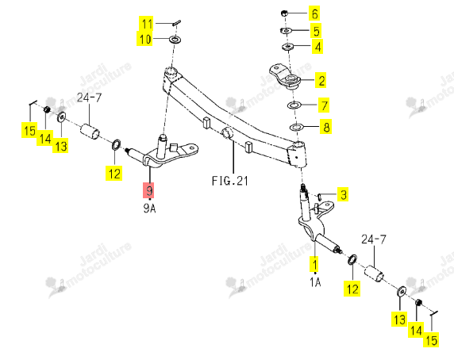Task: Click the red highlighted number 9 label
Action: tap(148, 190)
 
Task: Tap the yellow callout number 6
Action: tap(314, 13)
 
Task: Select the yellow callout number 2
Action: tap(321, 80)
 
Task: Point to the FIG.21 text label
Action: tap(230, 181)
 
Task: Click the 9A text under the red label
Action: tap(149, 208)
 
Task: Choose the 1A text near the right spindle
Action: tap(315, 282)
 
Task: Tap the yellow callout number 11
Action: tap(146, 24)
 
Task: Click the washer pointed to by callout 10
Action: tap(175, 39)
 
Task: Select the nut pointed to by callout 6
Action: tap(284, 13)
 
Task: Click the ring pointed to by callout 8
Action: tap(296, 127)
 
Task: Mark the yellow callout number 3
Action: tap(343, 194)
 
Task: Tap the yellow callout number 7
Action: tap(324, 105)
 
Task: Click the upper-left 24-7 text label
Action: tap(90, 98)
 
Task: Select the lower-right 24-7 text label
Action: tap(374, 239)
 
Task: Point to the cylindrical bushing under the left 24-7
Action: tap(90, 131)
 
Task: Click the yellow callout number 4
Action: tap(317, 47)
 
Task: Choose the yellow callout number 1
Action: tap(314, 264)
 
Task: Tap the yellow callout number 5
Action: tap(316, 31)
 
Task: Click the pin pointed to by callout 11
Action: tap(177, 22)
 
